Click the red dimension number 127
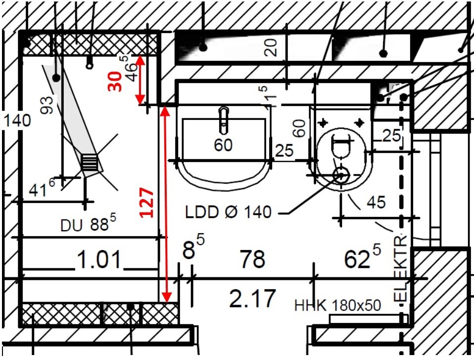coord(147,203)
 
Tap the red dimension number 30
coord(115,81)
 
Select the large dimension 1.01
coord(99,259)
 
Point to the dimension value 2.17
coord(252,298)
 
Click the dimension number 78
coord(253,259)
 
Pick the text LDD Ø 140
coord(228,212)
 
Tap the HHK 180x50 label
coord(337,306)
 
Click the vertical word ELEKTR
coord(401,268)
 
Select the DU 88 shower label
coord(88,224)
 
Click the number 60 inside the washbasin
coord(224,145)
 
